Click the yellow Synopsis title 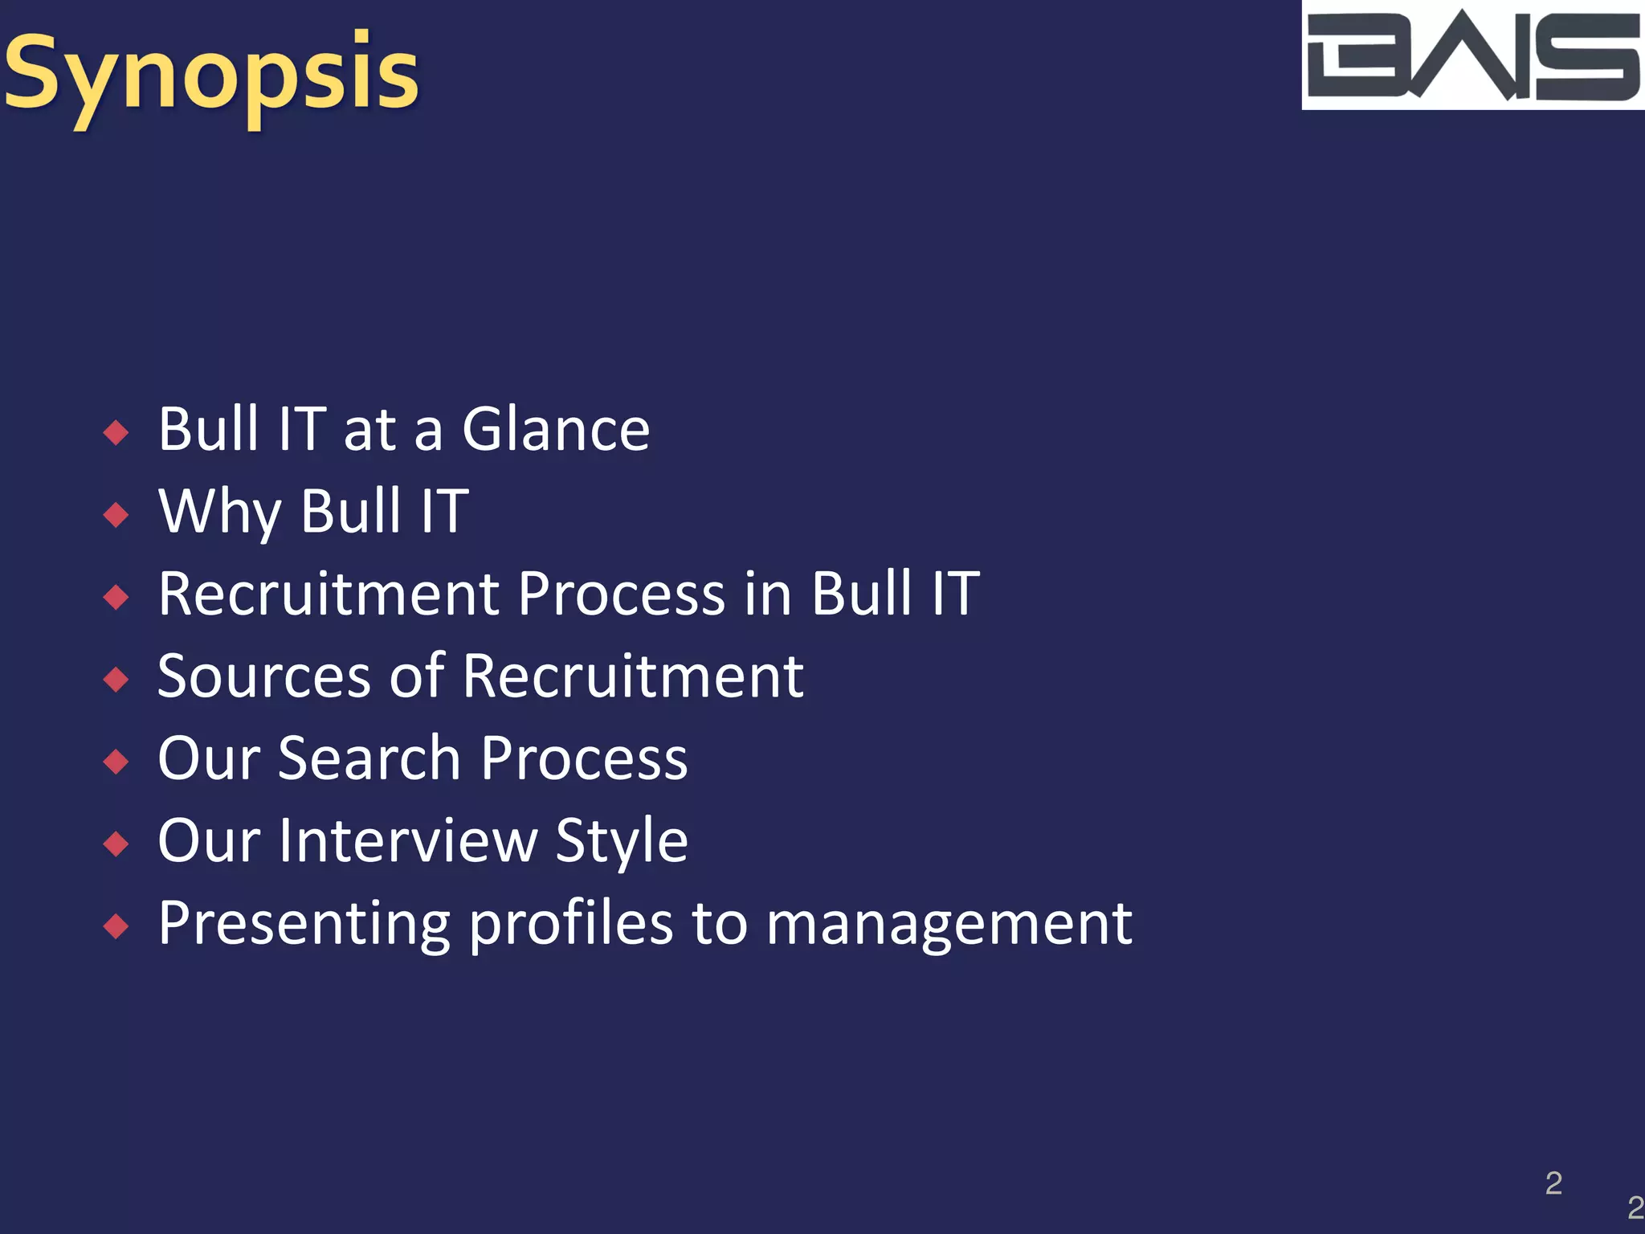(210, 74)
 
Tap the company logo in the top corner (1472, 55)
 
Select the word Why (219, 512)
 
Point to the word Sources (263, 676)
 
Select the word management (949, 925)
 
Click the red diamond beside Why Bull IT (116, 514)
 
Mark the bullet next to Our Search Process (116, 761)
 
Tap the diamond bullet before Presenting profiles (116, 926)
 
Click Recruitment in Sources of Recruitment (633, 676)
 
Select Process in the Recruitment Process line (622, 595)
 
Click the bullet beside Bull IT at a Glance (116, 432)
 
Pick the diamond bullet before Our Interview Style (116, 844)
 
